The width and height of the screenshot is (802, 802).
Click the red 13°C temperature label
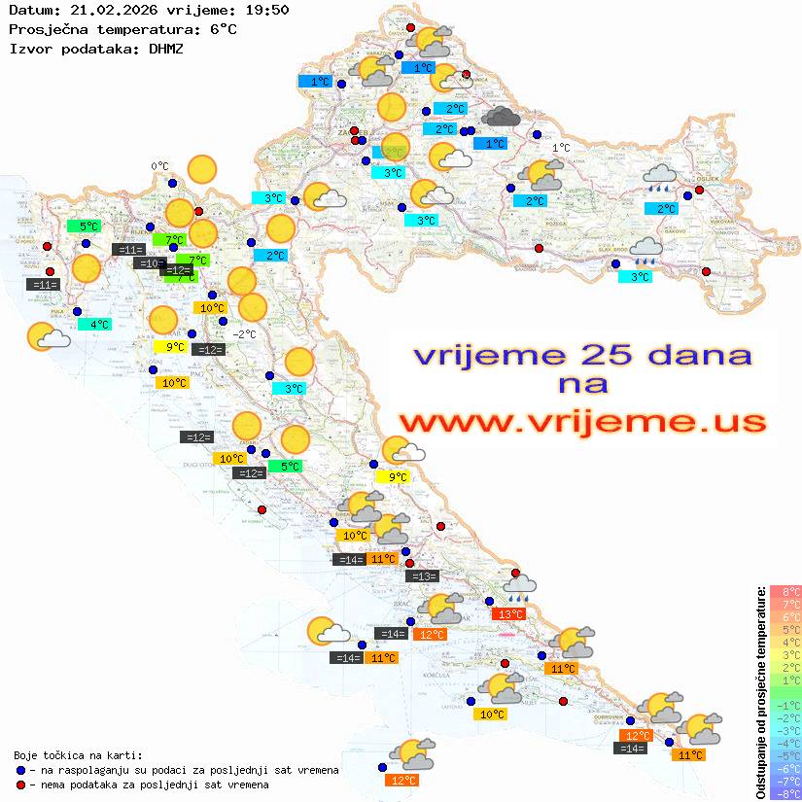pos(510,613)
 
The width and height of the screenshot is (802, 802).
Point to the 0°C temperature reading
pos(159,166)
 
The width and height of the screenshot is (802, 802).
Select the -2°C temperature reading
pos(245,334)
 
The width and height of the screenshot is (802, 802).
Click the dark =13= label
pos(422,576)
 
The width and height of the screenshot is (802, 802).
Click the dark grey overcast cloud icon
pos(501,118)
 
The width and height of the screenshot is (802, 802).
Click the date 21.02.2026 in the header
pos(102,10)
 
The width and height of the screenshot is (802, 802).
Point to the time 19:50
pos(266,10)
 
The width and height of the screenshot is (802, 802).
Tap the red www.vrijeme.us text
pos(581,422)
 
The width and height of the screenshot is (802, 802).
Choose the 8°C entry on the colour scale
pos(785,591)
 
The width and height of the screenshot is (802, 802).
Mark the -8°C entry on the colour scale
pos(785,793)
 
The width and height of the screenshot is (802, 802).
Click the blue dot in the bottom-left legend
pos(21,770)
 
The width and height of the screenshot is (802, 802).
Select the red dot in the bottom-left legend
pos(21,785)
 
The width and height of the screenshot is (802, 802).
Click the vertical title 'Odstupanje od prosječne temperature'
pos(760,692)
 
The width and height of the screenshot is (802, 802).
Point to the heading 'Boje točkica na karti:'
pos(78,754)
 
